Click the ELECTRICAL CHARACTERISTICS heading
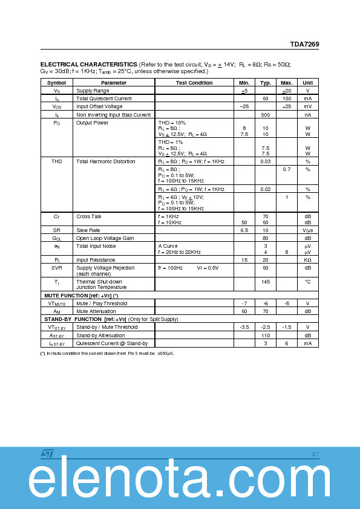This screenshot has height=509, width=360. [88, 64]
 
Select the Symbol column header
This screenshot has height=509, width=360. [56, 83]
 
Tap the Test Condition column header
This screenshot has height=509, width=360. [194, 83]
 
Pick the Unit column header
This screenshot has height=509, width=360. [307, 83]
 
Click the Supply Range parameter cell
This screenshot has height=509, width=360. [93, 91]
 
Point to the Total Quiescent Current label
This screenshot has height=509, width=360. [103, 99]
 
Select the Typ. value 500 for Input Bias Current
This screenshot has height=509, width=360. [265, 114]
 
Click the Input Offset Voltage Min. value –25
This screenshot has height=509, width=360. [244, 106]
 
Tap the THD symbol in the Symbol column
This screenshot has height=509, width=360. [56, 161]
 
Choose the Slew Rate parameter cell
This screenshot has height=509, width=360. [88, 230]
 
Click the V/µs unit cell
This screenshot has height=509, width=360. [307, 230]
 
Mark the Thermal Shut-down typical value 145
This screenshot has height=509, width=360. [265, 282]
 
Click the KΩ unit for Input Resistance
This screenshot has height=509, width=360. [307, 260]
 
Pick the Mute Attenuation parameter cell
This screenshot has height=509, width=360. [96, 311]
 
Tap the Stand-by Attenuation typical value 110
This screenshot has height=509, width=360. [265, 335]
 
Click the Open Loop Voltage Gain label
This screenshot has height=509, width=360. [105, 238]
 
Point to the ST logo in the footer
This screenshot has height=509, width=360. [48, 453]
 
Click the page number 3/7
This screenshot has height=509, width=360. [315, 454]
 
